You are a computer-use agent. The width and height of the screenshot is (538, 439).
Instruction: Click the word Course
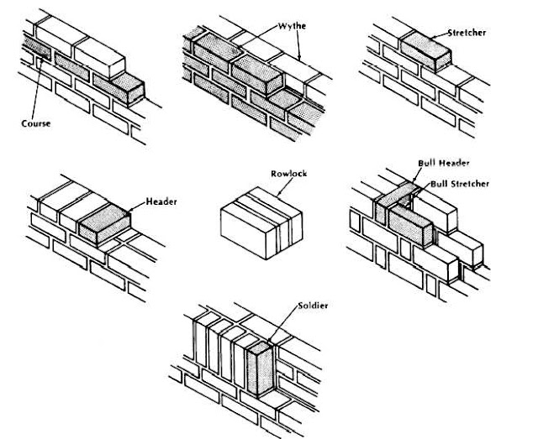pos(36,123)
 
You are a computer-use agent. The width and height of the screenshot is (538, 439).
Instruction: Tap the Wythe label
pos(290,26)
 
